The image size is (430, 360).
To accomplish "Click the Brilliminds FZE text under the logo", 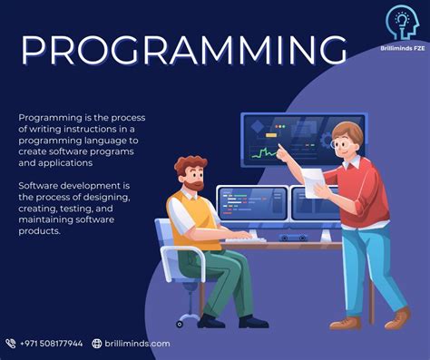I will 401,51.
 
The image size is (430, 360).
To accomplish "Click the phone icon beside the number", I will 10,344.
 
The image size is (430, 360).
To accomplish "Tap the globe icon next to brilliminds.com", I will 97,344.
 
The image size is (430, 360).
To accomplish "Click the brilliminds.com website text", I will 137,344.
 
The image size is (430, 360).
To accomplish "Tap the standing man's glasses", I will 342,141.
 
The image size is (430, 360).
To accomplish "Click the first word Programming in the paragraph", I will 44,118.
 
